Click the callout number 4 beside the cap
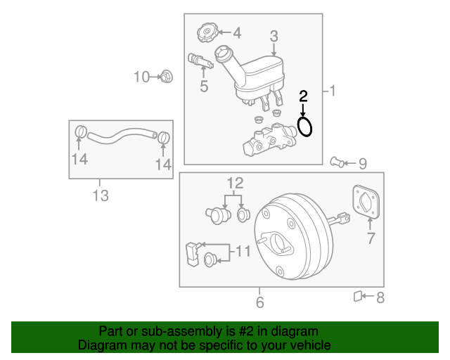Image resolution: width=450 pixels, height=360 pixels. point(236,32)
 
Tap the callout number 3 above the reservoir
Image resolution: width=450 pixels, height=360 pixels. point(274,36)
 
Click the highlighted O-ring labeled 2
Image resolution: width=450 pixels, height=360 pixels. point(304,127)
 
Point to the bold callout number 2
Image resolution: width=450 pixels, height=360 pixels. point(304,96)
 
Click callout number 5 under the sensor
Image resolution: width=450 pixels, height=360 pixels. point(204,87)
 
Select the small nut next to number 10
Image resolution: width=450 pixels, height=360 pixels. point(167,76)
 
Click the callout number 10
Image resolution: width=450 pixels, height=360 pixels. point(142,77)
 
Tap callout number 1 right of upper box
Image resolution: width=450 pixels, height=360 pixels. point(333,91)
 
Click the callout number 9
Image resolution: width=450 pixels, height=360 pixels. point(363,165)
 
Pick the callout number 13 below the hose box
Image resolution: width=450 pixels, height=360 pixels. point(101,196)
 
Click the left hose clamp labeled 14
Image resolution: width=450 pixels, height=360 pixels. point(80,132)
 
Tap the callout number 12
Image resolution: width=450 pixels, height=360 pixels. point(234,184)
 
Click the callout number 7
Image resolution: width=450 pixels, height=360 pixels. point(371,238)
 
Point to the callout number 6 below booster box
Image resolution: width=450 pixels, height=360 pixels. point(259,303)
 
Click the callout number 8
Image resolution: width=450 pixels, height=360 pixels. point(380,298)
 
